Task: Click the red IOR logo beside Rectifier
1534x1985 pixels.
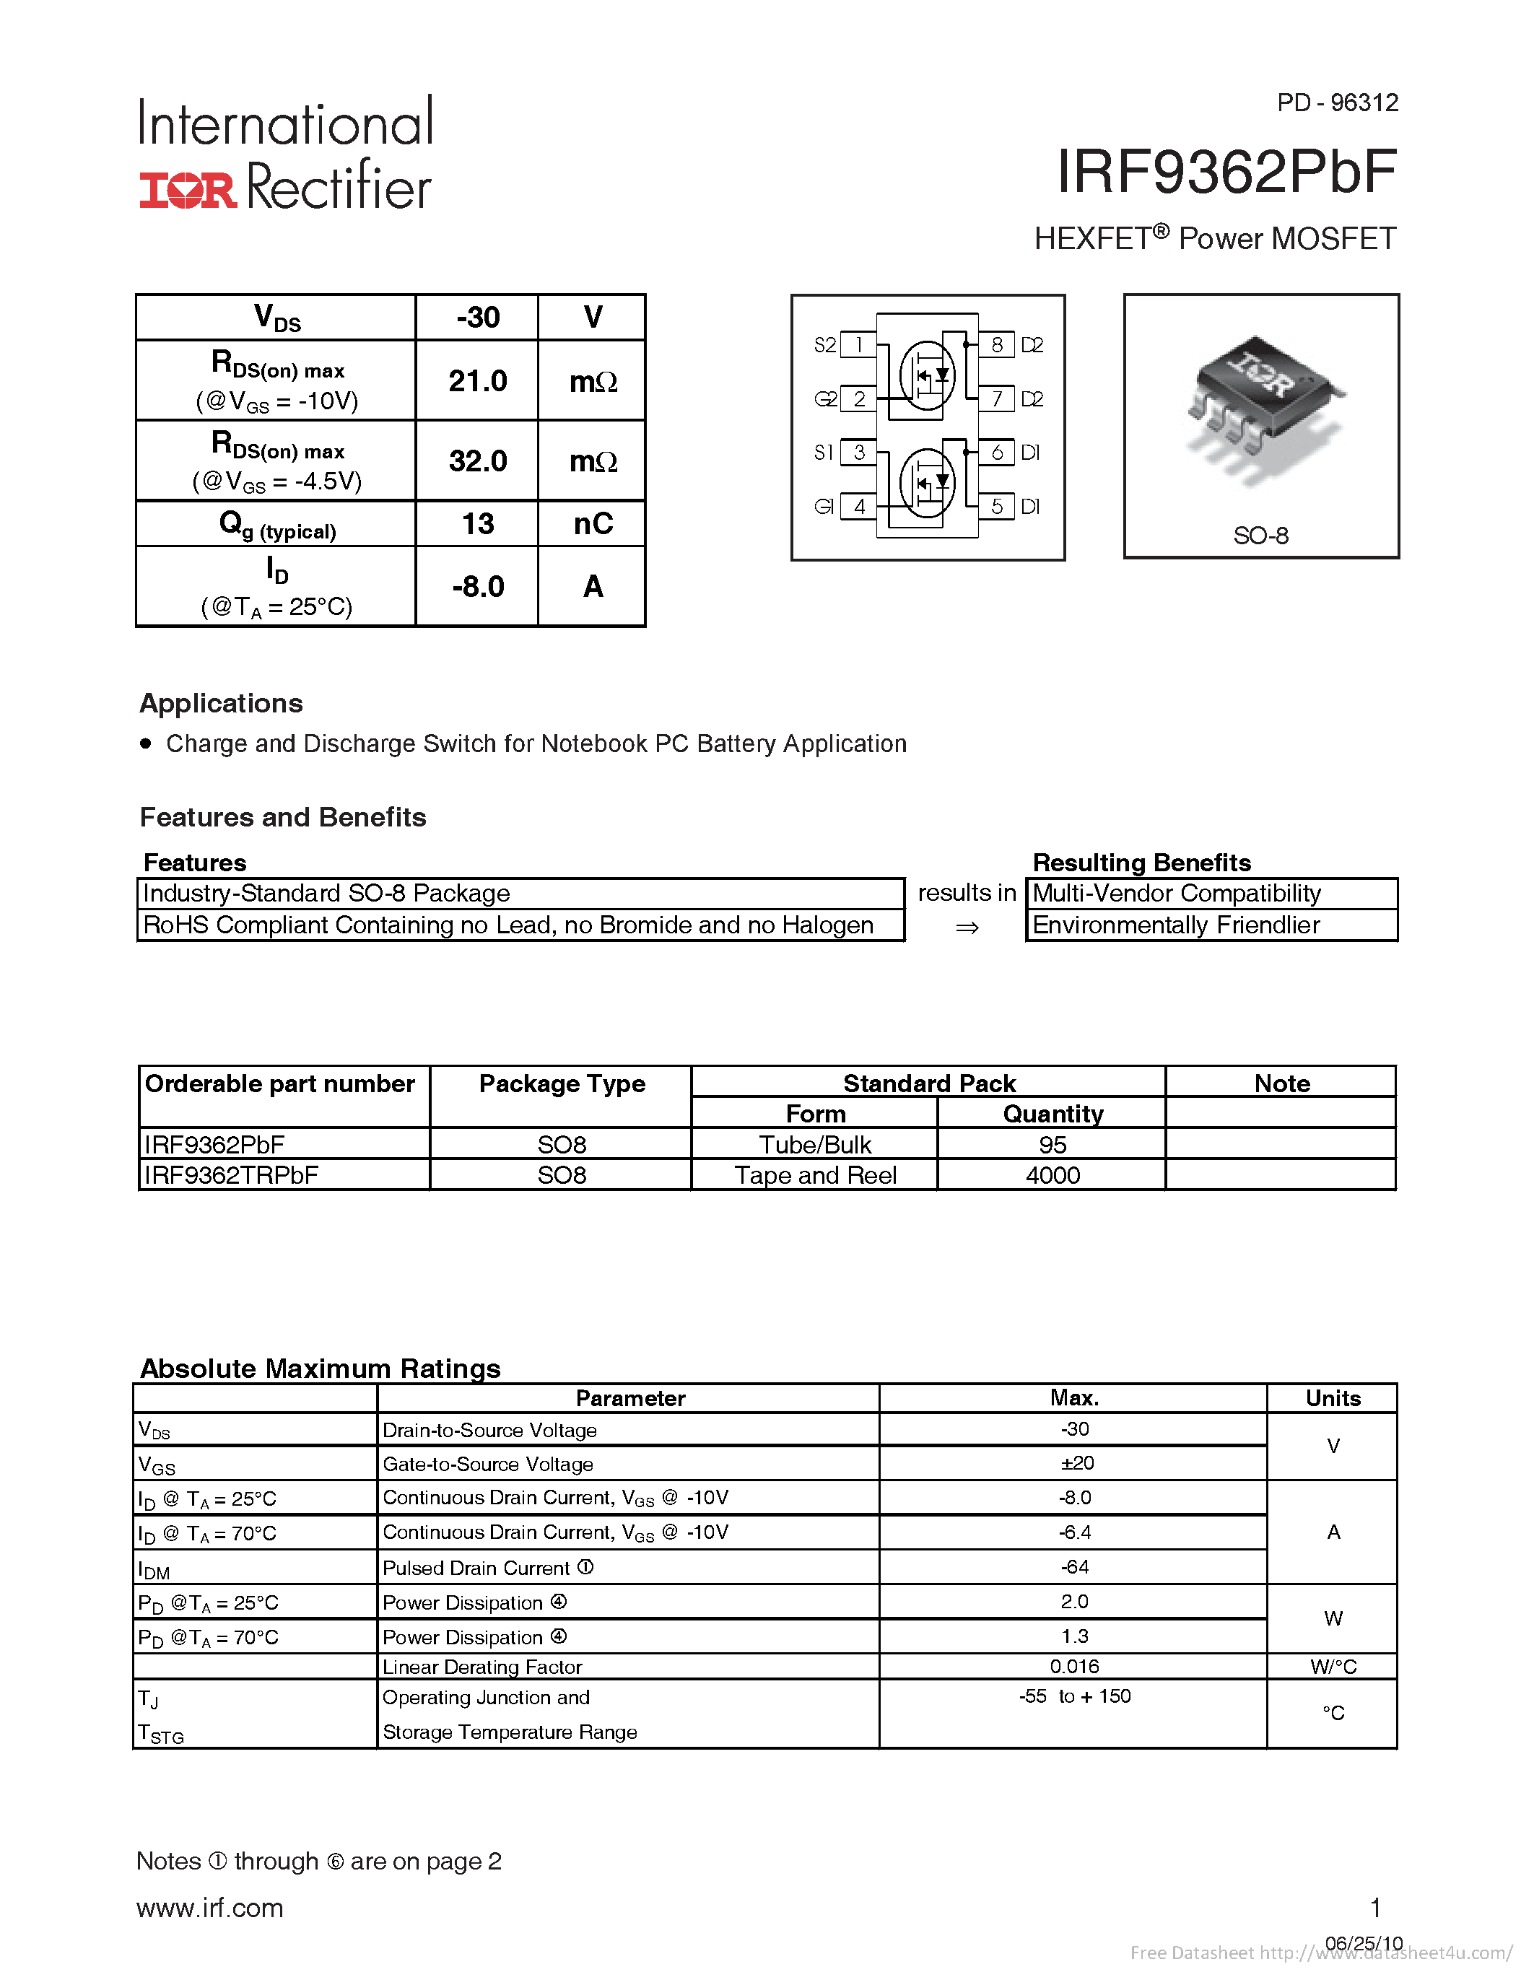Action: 187,189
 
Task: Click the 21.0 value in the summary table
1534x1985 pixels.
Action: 477,381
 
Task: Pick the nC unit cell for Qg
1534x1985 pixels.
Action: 593,523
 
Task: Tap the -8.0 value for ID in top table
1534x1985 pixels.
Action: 477,586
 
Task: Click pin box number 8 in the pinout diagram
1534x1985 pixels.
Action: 997,344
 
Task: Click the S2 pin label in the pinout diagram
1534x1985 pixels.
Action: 824,344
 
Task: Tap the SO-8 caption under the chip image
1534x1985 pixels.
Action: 1260,536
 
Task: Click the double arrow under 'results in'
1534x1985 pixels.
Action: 967,927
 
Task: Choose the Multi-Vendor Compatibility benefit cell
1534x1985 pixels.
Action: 1176,894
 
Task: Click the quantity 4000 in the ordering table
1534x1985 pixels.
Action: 1053,1175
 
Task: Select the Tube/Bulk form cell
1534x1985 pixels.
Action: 815,1144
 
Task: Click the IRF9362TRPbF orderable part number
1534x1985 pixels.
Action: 231,1175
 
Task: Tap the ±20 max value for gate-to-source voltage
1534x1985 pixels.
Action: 1075,1463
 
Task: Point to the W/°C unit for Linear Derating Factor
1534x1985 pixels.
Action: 1333,1666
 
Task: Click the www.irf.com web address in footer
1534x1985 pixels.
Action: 210,1908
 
